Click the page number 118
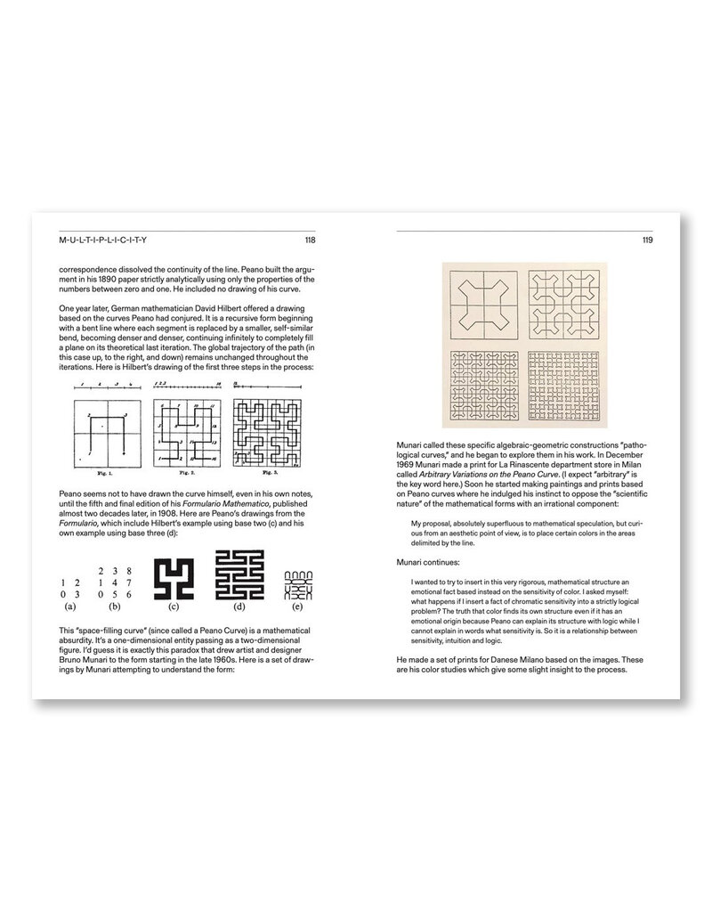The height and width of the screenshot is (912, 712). click(x=310, y=240)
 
